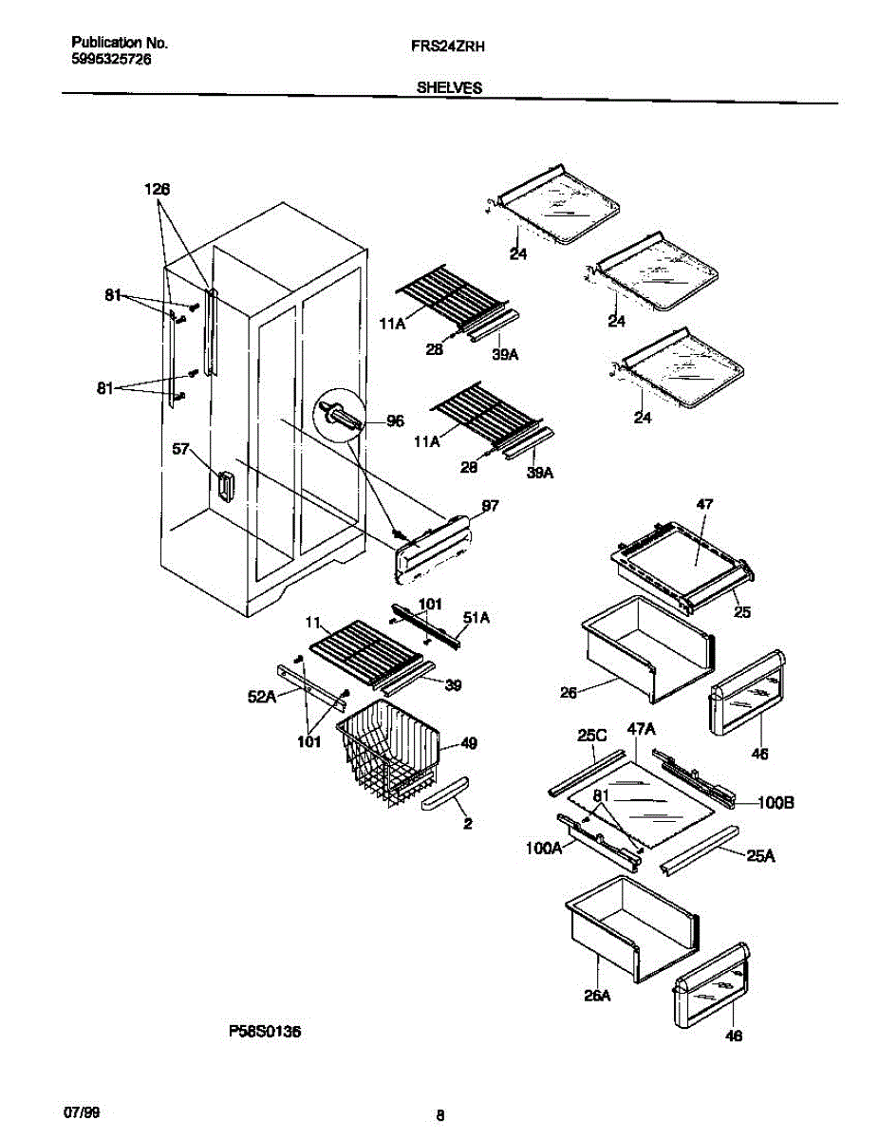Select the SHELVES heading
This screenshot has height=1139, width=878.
point(449,86)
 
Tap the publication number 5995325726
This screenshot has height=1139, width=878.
point(112,59)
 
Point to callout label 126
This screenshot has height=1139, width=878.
point(157,190)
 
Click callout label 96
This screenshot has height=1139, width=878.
point(394,420)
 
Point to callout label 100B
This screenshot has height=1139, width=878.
point(775,802)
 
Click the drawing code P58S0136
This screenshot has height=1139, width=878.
point(265,1032)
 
